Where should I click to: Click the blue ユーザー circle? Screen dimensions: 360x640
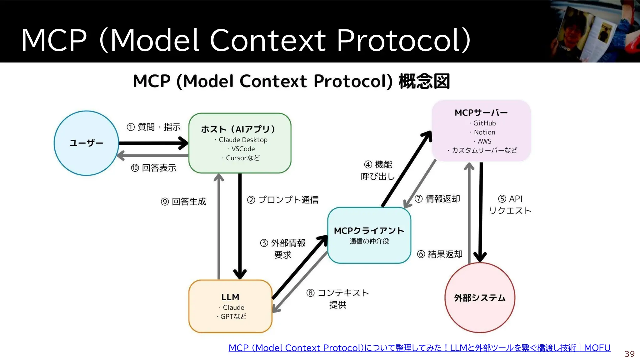(x=86, y=143)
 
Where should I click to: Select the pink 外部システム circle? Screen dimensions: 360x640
(x=480, y=297)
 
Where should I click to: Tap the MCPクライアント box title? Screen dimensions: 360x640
(x=369, y=231)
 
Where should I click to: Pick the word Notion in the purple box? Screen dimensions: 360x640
(x=484, y=132)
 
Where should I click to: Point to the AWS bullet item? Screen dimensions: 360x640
(x=484, y=141)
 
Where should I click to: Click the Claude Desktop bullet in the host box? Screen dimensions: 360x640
(x=243, y=140)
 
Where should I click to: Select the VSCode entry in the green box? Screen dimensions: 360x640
(x=243, y=149)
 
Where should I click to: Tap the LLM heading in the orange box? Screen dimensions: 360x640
(x=230, y=297)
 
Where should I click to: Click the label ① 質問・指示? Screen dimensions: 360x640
(x=153, y=127)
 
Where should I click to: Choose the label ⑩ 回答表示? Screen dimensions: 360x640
(x=153, y=168)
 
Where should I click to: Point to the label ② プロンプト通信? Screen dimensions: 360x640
(x=283, y=200)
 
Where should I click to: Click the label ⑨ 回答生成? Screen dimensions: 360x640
(x=183, y=202)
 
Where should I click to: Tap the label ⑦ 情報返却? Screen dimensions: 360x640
(x=437, y=199)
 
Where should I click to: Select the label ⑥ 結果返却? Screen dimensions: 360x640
(x=440, y=254)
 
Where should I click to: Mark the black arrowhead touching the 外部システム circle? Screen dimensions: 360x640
(x=480, y=257)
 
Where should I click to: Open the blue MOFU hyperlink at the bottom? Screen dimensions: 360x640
(x=419, y=348)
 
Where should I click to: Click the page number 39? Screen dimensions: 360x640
(x=629, y=354)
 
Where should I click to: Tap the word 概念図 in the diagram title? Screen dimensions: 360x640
(x=424, y=81)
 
